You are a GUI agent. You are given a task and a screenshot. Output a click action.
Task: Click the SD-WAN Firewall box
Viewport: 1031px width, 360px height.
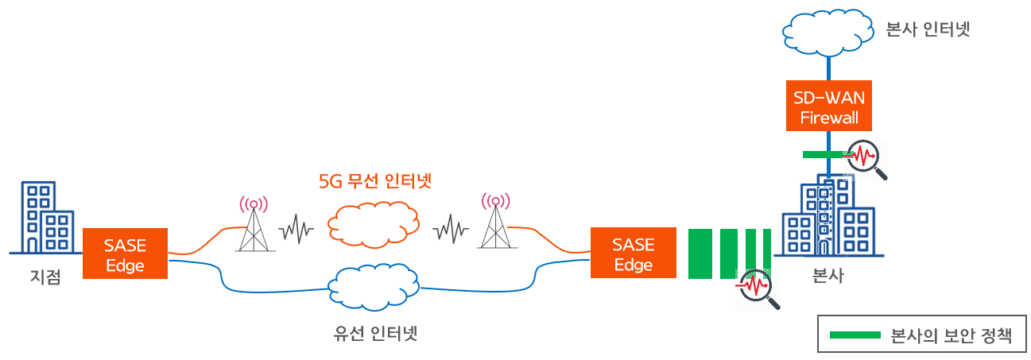coord(828,106)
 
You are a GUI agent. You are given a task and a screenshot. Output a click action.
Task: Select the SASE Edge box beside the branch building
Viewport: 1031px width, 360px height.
coord(125,254)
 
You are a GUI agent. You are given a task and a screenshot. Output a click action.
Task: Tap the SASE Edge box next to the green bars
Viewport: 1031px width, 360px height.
coord(633,254)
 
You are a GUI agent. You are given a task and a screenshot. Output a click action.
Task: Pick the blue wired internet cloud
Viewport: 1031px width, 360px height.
coord(374,285)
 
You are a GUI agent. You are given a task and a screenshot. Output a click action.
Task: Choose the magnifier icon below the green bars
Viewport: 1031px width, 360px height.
coord(757,288)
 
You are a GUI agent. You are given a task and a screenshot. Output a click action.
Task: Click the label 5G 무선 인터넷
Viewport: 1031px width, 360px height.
coord(374,180)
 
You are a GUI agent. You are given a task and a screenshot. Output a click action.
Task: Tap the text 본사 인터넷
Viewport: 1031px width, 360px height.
coord(928,30)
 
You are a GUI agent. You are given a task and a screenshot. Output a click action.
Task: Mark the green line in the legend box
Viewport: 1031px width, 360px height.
coord(855,335)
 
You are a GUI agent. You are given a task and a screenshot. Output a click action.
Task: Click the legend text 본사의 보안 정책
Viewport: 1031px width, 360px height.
coord(951,335)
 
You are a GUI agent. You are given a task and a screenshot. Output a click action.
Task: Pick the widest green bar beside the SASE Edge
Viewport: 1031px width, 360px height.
coord(700,254)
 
